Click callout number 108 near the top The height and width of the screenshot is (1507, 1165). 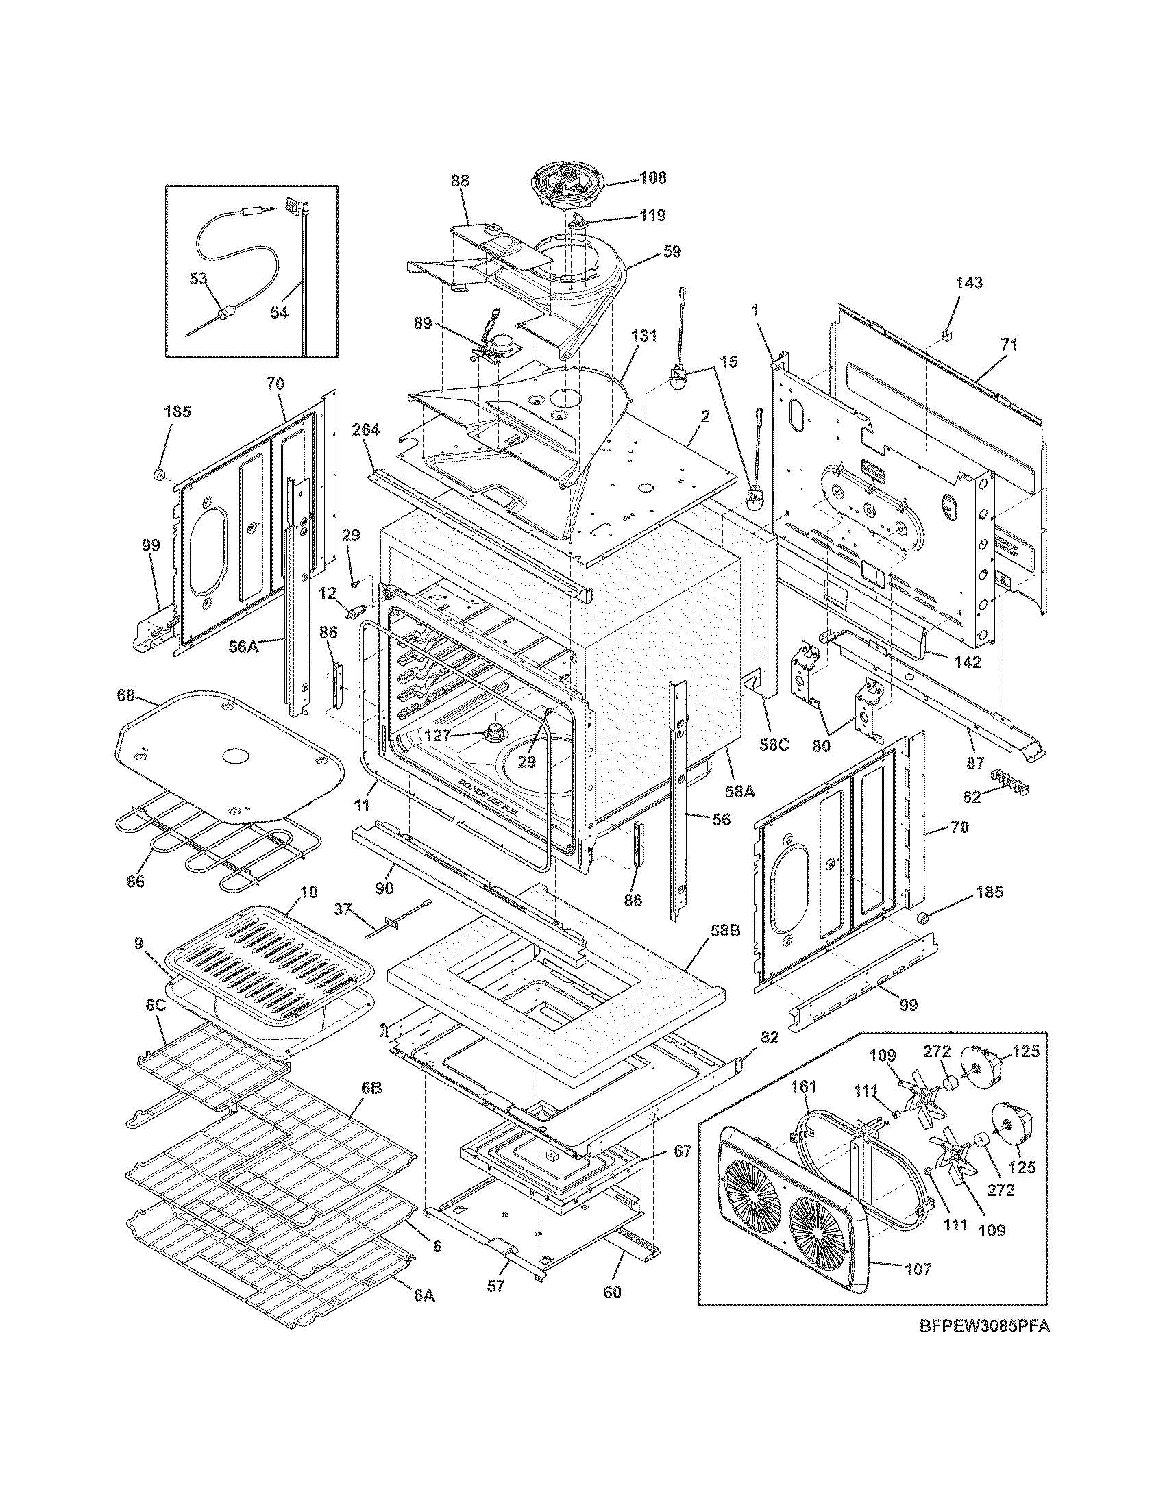tap(652, 177)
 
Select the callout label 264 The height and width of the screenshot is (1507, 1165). tap(365, 430)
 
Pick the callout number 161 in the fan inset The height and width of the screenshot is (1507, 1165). tap(803, 1086)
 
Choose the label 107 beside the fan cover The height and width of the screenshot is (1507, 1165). tap(917, 1268)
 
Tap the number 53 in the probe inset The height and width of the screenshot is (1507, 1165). tap(198, 278)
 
